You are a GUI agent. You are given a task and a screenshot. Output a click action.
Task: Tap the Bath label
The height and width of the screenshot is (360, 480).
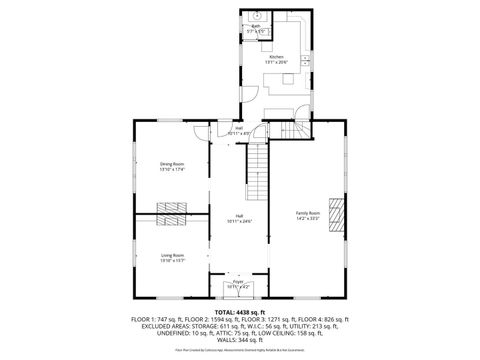[x=256, y=27]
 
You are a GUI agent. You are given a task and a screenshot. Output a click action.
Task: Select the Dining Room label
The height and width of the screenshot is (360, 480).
[x=172, y=164]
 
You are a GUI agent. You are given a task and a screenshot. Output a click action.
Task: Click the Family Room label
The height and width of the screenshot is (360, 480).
[x=307, y=212]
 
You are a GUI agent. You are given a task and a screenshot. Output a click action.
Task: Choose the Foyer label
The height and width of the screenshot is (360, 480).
[x=239, y=284]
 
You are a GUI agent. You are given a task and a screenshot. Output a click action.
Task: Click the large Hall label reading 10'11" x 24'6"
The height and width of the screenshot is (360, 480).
[x=240, y=215]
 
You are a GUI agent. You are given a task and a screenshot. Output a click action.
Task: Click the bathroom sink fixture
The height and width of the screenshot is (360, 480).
[x=256, y=16]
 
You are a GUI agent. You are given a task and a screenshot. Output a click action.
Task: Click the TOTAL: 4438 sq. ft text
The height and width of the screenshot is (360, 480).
[x=240, y=311]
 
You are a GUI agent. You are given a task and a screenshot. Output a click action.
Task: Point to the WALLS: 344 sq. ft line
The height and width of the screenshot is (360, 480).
[x=240, y=336]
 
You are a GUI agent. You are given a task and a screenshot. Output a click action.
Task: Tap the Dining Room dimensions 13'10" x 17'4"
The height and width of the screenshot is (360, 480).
[x=172, y=169]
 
